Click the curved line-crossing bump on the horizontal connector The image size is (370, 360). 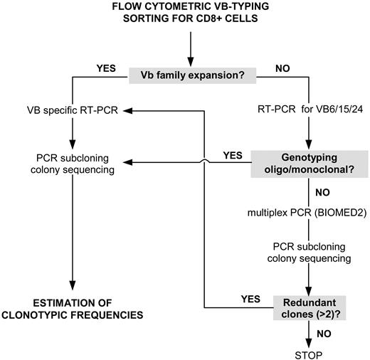click(206, 162)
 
